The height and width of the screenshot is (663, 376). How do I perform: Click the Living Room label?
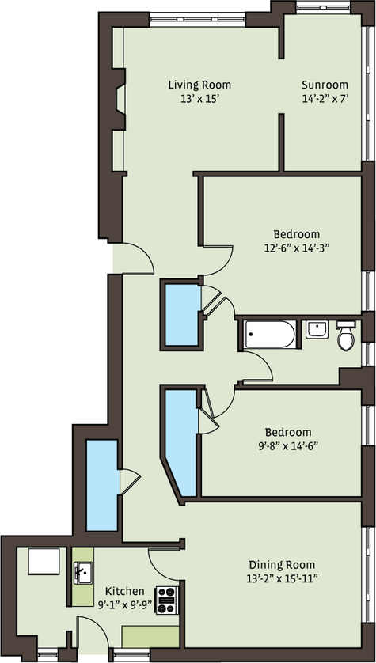(x=199, y=85)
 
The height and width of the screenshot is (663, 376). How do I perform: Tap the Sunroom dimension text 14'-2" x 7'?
(x=325, y=99)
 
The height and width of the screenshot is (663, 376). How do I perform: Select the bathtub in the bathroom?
(x=270, y=334)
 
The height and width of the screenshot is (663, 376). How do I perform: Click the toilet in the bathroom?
(x=346, y=336)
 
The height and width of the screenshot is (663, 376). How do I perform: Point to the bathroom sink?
(x=317, y=329)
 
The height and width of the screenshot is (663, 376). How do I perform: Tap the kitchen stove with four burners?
(x=167, y=600)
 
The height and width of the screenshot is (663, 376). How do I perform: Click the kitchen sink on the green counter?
(x=83, y=573)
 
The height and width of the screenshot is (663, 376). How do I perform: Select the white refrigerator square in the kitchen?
(x=44, y=561)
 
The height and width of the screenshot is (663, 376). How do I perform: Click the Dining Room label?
(x=282, y=564)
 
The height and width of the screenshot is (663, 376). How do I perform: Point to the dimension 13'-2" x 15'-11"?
(x=282, y=578)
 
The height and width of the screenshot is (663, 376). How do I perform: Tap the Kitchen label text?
(x=125, y=591)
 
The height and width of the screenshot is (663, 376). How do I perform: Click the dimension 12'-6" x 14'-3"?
(x=297, y=248)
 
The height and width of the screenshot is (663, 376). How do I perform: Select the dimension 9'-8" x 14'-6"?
(x=288, y=445)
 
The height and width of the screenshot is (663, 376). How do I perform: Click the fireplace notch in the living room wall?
(x=120, y=99)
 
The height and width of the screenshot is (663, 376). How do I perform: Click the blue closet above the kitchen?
(x=102, y=485)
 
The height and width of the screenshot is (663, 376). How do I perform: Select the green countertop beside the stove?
(x=150, y=636)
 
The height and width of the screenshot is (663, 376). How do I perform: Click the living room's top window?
(x=198, y=20)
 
